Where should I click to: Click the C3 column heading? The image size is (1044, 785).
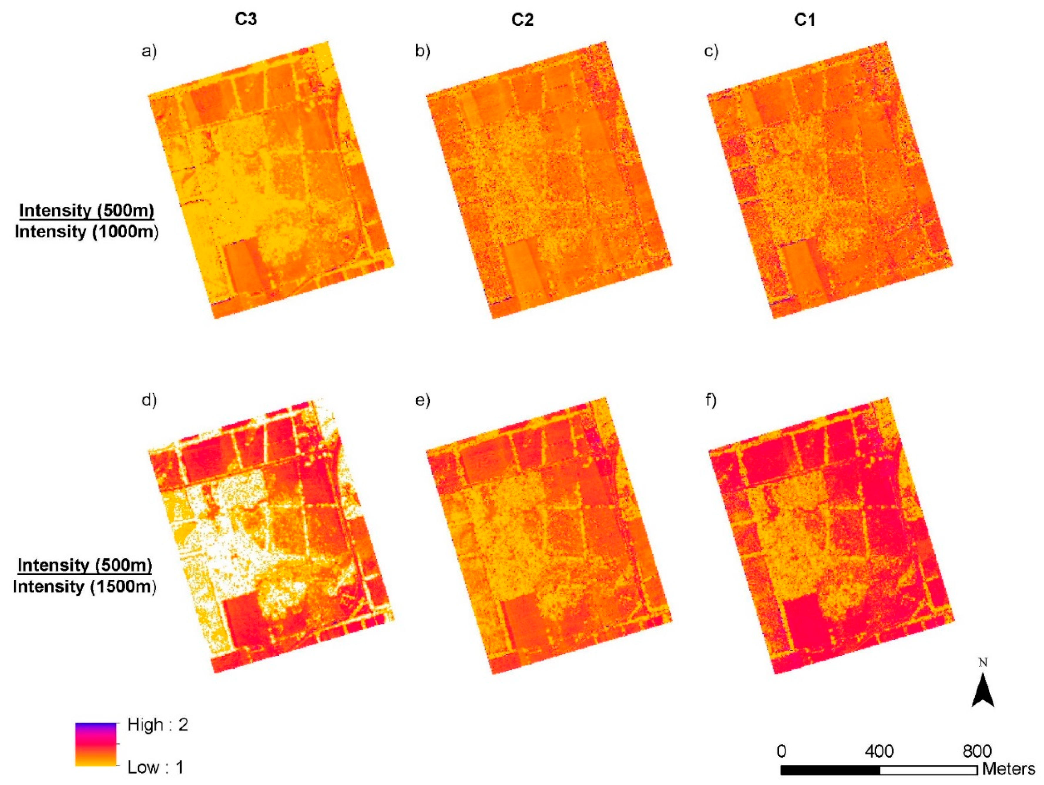point(246,19)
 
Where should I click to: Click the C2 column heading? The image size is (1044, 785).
point(523,20)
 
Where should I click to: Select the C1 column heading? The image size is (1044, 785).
point(805,20)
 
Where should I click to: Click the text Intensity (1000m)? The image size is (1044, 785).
point(86,232)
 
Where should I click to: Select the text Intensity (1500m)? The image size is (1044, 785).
point(85,586)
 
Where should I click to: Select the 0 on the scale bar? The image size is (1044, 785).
point(782,751)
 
